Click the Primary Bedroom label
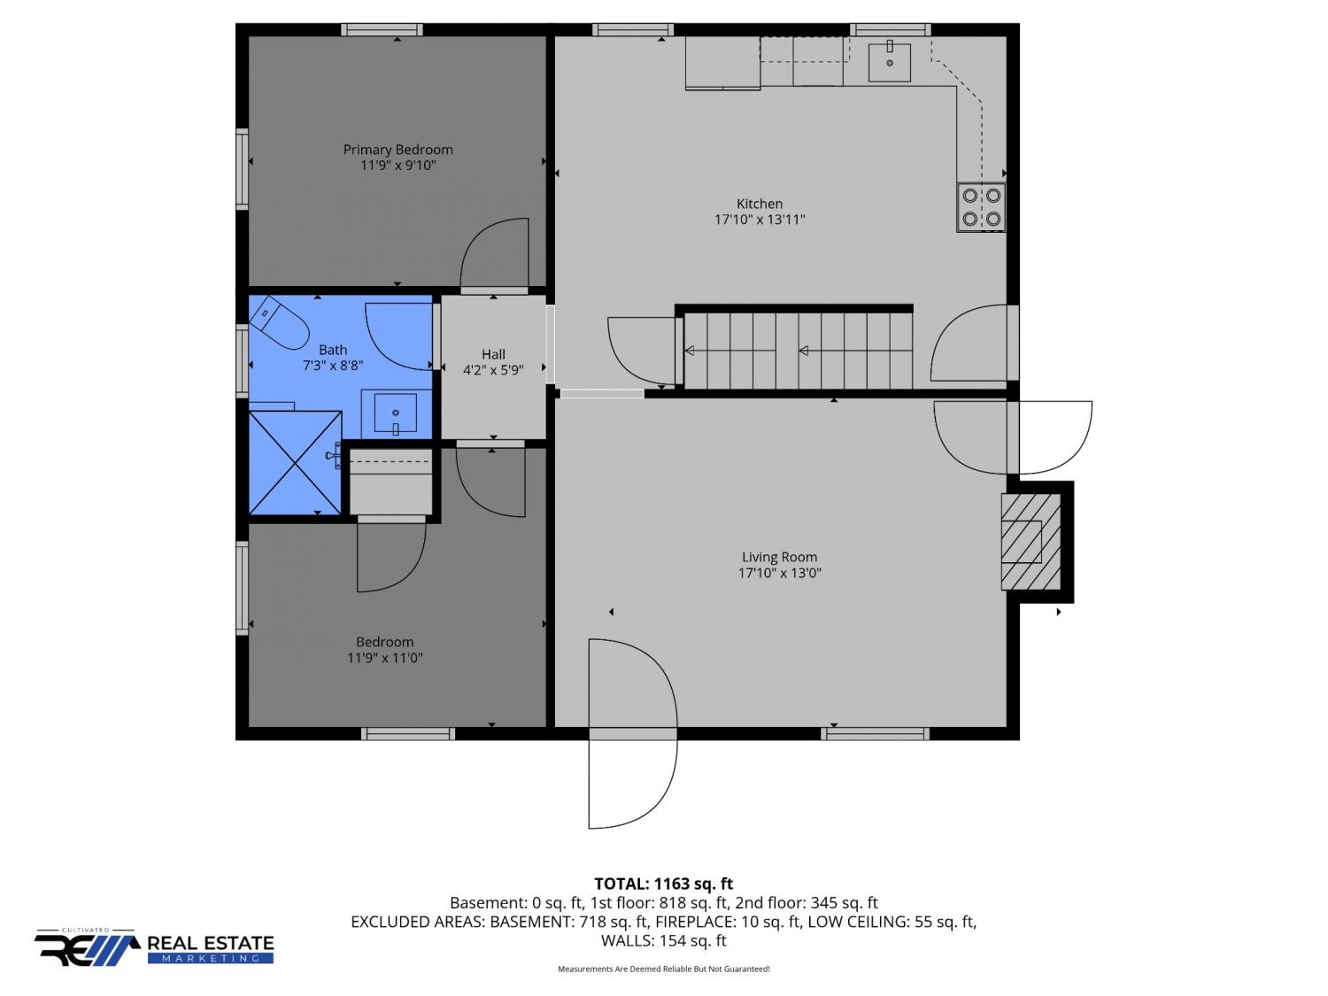pyautogui.click(x=398, y=150)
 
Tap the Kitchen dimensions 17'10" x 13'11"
pyautogui.click(x=760, y=220)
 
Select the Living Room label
pyautogui.click(x=779, y=557)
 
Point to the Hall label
pyautogui.click(x=493, y=354)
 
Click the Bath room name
pyautogui.click(x=333, y=350)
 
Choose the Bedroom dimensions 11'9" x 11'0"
pyautogui.click(x=385, y=657)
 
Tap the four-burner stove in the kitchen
pyautogui.click(x=981, y=207)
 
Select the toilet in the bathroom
pyautogui.click(x=279, y=322)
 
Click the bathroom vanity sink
pyautogui.click(x=395, y=413)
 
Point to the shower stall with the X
pyautogui.click(x=295, y=463)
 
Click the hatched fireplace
pyautogui.click(x=1031, y=542)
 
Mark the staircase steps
pyautogui.click(x=798, y=351)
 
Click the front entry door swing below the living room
pyautogui.click(x=632, y=733)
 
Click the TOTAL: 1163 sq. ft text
pyautogui.click(x=664, y=884)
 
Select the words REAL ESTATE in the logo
pyautogui.click(x=211, y=943)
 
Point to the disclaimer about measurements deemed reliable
pyautogui.click(x=664, y=969)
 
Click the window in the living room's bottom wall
pyautogui.click(x=875, y=734)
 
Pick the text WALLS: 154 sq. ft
pyautogui.click(x=664, y=940)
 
